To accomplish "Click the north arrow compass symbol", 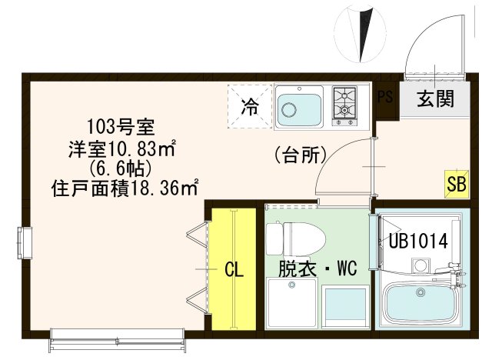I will [x=360, y=34].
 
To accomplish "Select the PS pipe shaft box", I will [x=385, y=96].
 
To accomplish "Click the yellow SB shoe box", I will [x=455, y=185].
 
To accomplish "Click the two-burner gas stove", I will [x=344, y=105].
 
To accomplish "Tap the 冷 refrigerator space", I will [x=250, y=106].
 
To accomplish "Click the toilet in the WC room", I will [x=292, y=237].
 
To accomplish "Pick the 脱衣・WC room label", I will [x=315, y=270].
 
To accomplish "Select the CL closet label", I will [x=234, y=270].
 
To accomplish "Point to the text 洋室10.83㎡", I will [x=124, y=147].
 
